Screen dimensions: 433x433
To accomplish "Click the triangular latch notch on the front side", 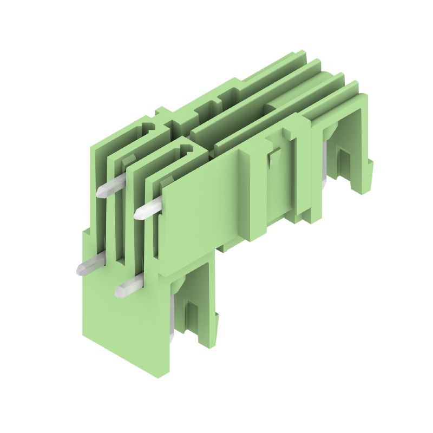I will (272, 160).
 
